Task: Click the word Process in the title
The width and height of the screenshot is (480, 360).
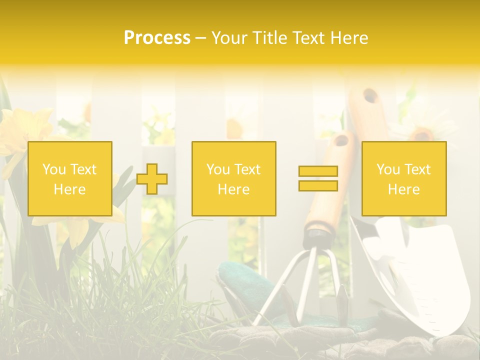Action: pyautogui.click(x=157, y=38)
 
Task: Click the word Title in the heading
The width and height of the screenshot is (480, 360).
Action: pyautogui.click(x=268, y=38)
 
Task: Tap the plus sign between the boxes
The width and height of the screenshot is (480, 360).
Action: pyautogui.click(x=152, y=179)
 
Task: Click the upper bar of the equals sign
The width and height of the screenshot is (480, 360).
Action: pyautogui.click(x=318, y=171)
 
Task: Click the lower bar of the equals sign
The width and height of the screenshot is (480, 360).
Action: pyautogui.click(x=318, y=186)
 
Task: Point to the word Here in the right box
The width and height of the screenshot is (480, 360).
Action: pyautogui.click(x=403, y=189)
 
